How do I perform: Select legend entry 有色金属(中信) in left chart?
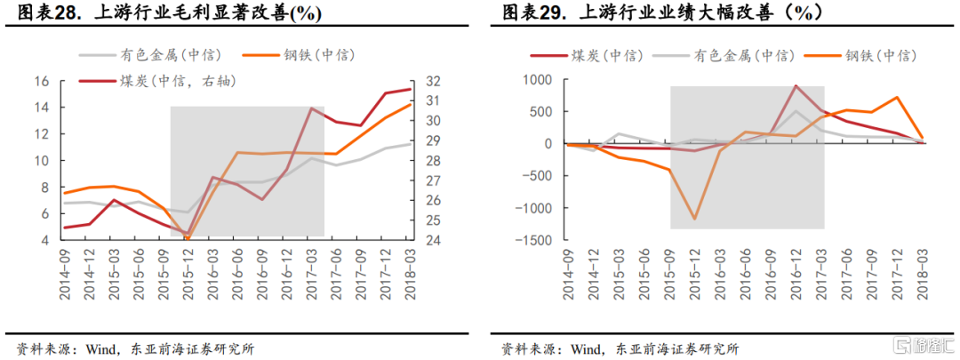pos(170,55)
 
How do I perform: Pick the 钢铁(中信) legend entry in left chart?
pos(316,55)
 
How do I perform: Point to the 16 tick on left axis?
pos(42,81)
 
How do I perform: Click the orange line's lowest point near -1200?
pos(695,219)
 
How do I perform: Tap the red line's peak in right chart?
pos(796,86)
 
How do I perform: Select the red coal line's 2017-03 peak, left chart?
pos(311,108)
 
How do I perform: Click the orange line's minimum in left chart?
pos(187,239)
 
